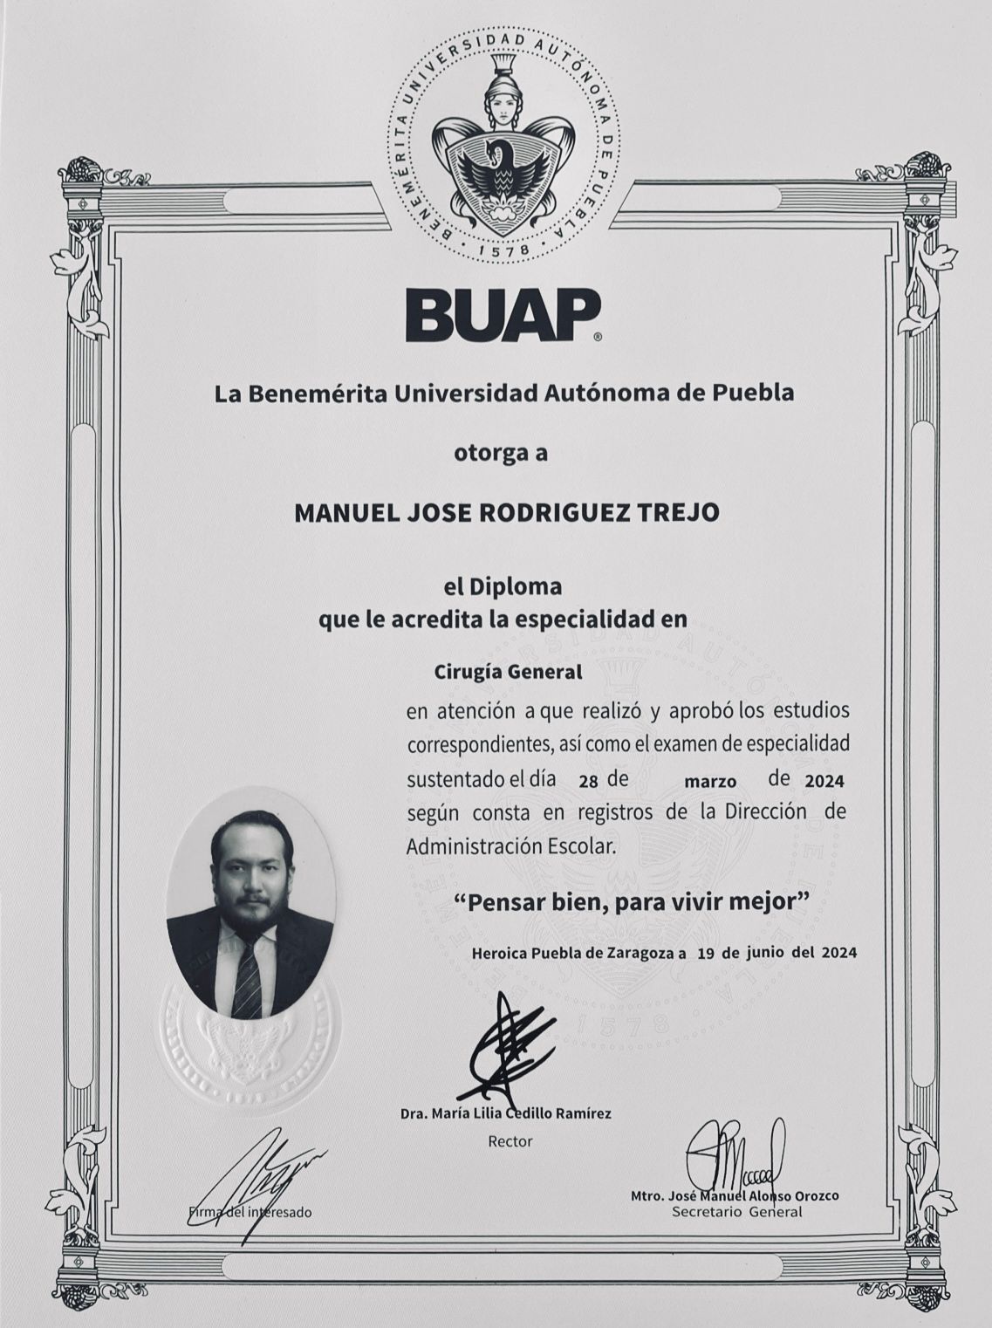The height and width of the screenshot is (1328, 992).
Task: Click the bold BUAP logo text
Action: tap(503, 316)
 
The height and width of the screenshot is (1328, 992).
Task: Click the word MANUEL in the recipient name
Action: tap(340, 512)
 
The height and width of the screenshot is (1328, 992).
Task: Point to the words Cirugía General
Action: tap(508, 673)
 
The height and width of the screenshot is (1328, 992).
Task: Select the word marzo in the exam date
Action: tap(709, 781)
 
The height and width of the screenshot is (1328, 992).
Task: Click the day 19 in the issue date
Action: tap(707, 953)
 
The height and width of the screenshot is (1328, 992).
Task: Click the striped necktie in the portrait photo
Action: tap(247, 977)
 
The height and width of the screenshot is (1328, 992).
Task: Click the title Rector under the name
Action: tap(510, 1140)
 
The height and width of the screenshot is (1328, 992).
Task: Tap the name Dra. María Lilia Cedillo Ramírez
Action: tap(505, 1113)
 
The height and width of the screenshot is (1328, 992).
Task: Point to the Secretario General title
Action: tap(736, 1211)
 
